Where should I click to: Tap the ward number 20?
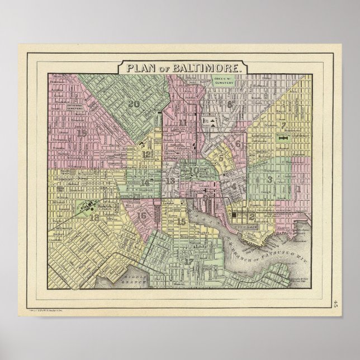pyautogui.click(x=134, y=103)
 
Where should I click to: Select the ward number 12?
pyautogui.click(x=146, y=154)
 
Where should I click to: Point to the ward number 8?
pyautogui.click(x=229, y=104)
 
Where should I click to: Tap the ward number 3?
pyautogui.click(x=271, y=179)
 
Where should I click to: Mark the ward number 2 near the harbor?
pyautogui.click(x=252, y=216)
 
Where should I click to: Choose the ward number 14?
pyautogui.click(x=145, y=182)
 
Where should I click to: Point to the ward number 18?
pyautogui.click(x=94, y=217)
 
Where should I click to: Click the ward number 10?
pyautogui.click(x=195, y=170)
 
